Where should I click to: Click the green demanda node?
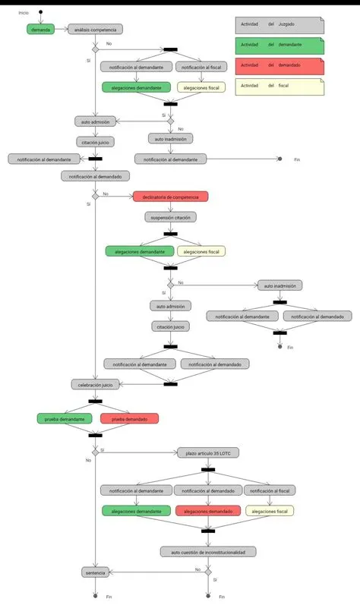[x=40, y=30]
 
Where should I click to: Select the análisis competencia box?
[x=95, y=30]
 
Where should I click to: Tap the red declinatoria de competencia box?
[x=170, y=197]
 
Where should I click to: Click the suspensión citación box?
[x=170, y=217]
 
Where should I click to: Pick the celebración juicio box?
[x=95, y=385]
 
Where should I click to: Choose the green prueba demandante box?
[x=65, y=418]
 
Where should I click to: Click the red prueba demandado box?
[x=129, y=418]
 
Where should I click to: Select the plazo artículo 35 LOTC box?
[x=207, y=453]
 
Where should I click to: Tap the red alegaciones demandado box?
[x=207, y=512]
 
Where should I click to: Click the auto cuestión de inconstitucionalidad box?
[x=208, y=551]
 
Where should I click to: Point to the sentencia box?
[x=95, y=572]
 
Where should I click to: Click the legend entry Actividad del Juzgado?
[x=279, y=24]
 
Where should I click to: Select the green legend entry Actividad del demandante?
[x=279, y=45]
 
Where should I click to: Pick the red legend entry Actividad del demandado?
[x=279, y=65]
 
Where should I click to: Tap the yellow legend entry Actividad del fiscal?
[x=279, y=86]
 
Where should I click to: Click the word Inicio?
[x=24, y=13]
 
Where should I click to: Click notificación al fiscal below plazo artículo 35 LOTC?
[x=269, y=490]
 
